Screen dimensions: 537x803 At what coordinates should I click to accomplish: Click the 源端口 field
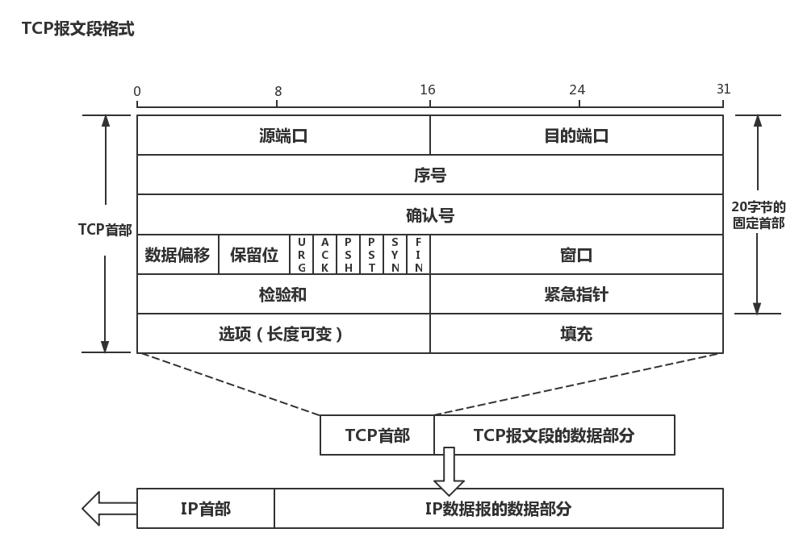click(x=283, y=135)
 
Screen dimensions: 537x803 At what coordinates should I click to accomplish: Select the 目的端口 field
click(x=576, y=135)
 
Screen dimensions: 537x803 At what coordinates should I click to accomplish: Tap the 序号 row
click(x=429, y=175)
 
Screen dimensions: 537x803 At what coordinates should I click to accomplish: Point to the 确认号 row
click(x=429, y=215)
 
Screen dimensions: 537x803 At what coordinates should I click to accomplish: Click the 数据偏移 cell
click(x=178, y=255)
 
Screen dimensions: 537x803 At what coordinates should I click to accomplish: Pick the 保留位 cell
click(x=254, y=255)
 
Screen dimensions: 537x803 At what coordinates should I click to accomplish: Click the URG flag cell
click(x=302, y=255)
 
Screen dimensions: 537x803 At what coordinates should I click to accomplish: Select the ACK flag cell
click(x=325, y=255)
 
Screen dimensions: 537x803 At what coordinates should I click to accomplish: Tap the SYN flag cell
click(x=395, y=255)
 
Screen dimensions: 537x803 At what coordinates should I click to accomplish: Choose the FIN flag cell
click(x=419, y=255)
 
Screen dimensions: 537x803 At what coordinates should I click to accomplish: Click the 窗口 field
click(x=576, y=255)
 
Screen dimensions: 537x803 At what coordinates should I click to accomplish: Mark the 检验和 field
click(x=283, y=294)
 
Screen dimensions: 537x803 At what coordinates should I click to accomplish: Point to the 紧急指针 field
click(x=576, y=294)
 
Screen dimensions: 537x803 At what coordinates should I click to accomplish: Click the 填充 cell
click(x=576, y=333)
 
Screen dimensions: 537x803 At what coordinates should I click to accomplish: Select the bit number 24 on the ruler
click(x=577, y=89)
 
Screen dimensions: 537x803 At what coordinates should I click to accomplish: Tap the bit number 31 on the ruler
click(x=723, y=89)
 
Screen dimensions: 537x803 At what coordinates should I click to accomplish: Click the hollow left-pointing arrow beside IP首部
click(x=109, y=508)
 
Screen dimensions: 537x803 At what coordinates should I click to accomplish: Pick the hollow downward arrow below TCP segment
click(x=449, y=472)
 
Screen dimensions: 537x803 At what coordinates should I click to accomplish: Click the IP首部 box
click(x=206, y=509)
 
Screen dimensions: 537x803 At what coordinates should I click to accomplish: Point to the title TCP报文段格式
click(x=78, y=29)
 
